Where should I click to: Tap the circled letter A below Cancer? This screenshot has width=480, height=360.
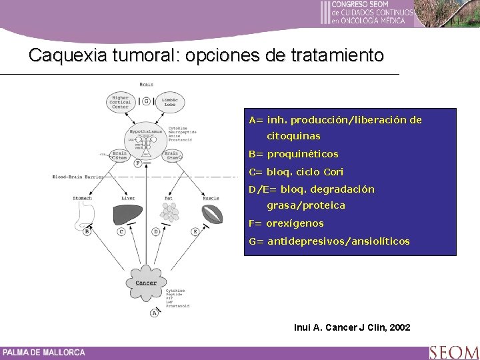coord(155,312)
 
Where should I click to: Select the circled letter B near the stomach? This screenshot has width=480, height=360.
coord(87,231)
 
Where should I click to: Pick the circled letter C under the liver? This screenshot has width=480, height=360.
coord(121,231)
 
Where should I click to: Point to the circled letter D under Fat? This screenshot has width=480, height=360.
coord(155,231)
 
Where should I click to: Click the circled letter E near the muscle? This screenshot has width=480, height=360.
coord(195,231)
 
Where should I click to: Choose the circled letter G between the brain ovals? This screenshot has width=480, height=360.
coord(146,101)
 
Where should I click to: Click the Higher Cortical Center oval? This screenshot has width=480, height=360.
coord(121,101)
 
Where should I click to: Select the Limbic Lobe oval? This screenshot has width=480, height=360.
coord(170,101)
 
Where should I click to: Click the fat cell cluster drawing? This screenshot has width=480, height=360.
coord(170,212)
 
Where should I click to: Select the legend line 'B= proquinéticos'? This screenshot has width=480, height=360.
coord(293,155)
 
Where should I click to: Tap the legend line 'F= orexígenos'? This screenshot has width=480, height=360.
coord(286,223)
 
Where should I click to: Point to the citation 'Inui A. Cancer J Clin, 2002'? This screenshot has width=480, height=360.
coord(352,327)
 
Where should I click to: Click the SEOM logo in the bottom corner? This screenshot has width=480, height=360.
coord(453,351)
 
